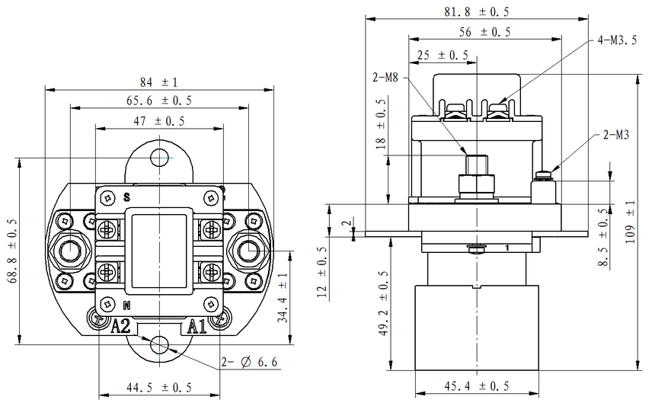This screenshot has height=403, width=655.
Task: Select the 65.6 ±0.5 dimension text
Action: (158, 101)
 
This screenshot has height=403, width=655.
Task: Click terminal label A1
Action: (197, 327)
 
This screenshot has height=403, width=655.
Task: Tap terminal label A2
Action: (121, 327)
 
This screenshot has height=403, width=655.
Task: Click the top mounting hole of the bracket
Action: (159, 157)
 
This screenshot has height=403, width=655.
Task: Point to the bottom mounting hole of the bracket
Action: (159, 344)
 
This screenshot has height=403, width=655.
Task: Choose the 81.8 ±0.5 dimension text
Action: (477, 12)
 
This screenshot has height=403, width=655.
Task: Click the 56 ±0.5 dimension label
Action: (485, 32)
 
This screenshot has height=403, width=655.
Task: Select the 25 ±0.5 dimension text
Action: (443, 56)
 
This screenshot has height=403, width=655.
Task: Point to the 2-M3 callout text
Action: (615, 136)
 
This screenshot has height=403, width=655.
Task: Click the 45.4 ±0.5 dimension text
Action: (478, 385)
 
